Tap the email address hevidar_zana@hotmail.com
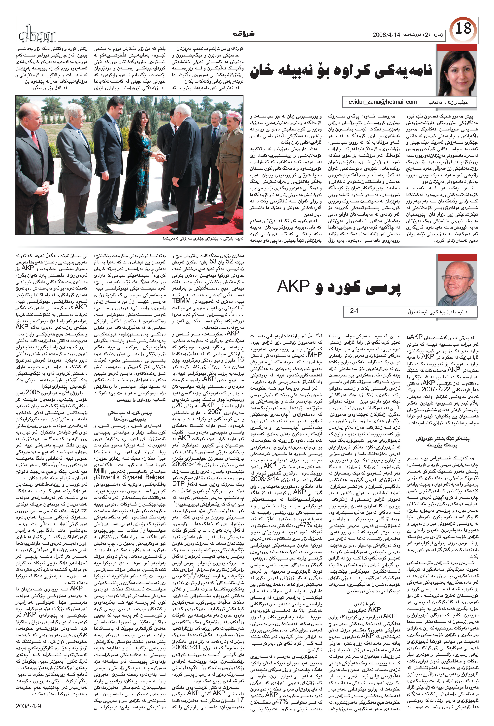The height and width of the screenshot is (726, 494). [381, 102]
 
